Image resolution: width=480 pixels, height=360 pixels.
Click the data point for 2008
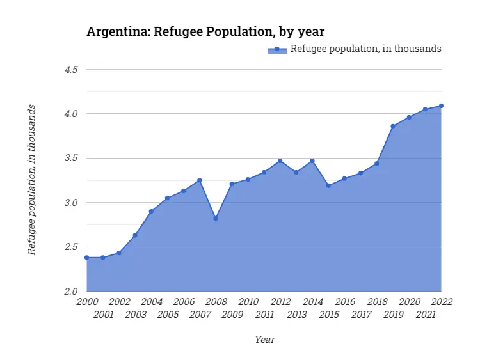pos(216,218)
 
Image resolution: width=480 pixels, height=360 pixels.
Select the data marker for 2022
pos(442,106)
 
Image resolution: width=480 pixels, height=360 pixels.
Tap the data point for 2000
pos(86,258)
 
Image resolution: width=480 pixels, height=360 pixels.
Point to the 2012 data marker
pos(280,160)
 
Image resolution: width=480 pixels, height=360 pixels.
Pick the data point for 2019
pos(393,126)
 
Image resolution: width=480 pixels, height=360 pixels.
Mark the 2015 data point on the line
pos(328,185)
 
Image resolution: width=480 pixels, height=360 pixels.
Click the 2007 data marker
pos(200,180)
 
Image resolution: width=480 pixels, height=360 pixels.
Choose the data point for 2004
pos(151,211)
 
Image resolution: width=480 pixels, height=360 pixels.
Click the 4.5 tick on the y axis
pos(71,69)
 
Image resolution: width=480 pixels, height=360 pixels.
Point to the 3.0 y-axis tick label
pos(71,203)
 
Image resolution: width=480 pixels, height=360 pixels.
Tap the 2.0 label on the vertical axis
pos(71,292)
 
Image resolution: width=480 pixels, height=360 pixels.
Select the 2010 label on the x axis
pos(248,302)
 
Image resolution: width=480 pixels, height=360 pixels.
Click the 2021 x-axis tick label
pos(426,315)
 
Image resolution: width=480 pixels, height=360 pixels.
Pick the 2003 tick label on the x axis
pos(135,315)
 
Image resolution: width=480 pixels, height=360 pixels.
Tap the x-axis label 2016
pos(345,302)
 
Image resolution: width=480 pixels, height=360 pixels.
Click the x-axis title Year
pos(264,340)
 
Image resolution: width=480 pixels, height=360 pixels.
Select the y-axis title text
pos(31,180)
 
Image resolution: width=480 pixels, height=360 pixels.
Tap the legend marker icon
pos(277,49)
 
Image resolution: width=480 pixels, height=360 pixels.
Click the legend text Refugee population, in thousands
pos(366,49)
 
